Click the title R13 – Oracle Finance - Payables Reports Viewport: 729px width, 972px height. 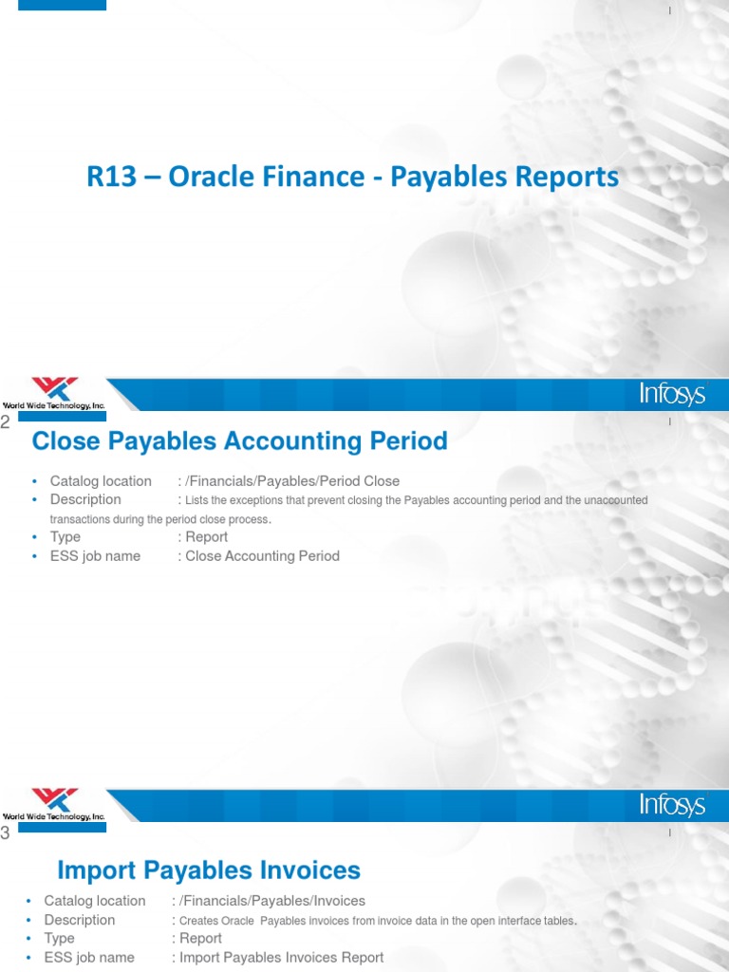pos(352,178)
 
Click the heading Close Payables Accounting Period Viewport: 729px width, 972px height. pos(239,441)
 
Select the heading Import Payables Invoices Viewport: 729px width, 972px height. pos(209,869)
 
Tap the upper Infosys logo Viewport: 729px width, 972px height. pos(671,394)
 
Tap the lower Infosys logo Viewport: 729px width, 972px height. pos(671,806)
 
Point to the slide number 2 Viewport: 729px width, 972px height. pos(6,423)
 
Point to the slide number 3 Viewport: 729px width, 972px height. pos(6,833)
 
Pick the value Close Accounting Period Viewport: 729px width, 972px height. pos(262,556)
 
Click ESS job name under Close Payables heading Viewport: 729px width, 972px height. pos(95,556)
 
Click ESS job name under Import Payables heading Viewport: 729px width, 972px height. pos(89,957)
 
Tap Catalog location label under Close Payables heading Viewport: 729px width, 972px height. pos(101,481)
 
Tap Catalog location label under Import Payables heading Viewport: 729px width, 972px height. pos(95,901)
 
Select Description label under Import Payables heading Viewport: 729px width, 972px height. pos(80,920)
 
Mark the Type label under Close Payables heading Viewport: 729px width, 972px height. pos(65,537)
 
